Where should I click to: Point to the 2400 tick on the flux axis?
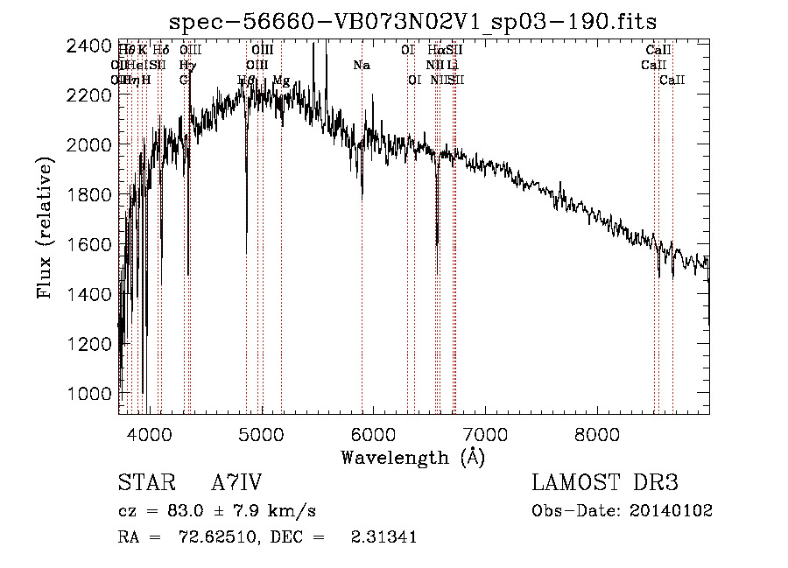(x=89, y=46)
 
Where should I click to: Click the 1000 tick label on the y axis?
(x=89, y=395)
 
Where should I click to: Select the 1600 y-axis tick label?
(x=89, y=245)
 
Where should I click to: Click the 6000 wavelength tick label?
(x=374, y=432)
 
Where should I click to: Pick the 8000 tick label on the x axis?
(x=597, y=432)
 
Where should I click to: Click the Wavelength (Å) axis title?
(x=412, y=457)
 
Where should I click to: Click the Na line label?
(x=362, y=66)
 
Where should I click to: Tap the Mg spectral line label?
(x=281, y=81)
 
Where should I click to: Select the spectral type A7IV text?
(x=236, y=483)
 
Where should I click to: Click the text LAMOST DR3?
(x=605, y=483)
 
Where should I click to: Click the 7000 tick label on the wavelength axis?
(x=486, y=432)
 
